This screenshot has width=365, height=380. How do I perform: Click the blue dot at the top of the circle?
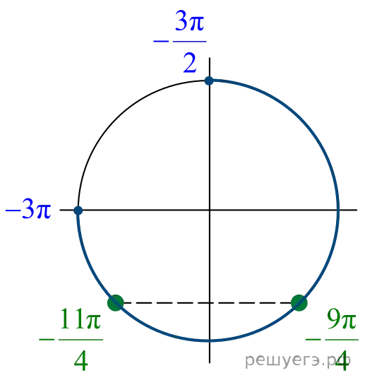tap(209, 81)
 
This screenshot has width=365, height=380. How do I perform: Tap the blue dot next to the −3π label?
tap(78, 210)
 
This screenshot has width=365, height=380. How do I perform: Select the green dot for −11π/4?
tap(116, 303)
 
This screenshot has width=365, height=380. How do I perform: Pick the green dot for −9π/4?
tap(299, 303)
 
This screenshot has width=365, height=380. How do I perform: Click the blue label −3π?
tap(28, 209)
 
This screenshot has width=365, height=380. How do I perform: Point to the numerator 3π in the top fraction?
tap(190, 20)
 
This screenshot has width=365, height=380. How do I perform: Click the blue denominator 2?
tap(190, 63)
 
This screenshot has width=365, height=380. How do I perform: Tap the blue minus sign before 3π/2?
tap(161, 42)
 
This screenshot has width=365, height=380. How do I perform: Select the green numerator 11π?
tap(80, 319)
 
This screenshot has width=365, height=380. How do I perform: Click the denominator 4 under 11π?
tap(81, 361)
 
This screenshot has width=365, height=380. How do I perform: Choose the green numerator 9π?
tap(342, 319)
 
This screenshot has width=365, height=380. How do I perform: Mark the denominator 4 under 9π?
tap(342, 361)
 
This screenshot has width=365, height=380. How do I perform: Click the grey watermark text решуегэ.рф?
tap(298, 361)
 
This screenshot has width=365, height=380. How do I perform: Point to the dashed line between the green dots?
tap(208, 303)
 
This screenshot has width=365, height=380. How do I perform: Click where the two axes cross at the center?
tap(210, 210)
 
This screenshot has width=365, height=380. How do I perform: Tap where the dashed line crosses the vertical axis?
tap(210, 303)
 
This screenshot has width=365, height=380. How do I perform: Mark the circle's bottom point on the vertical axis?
tap(210, 340)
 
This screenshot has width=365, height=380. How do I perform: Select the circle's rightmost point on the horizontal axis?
tap(338, 210)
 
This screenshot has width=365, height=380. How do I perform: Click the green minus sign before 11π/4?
tap(47, 340)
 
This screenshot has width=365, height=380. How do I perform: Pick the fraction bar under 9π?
tap(342, 340)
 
